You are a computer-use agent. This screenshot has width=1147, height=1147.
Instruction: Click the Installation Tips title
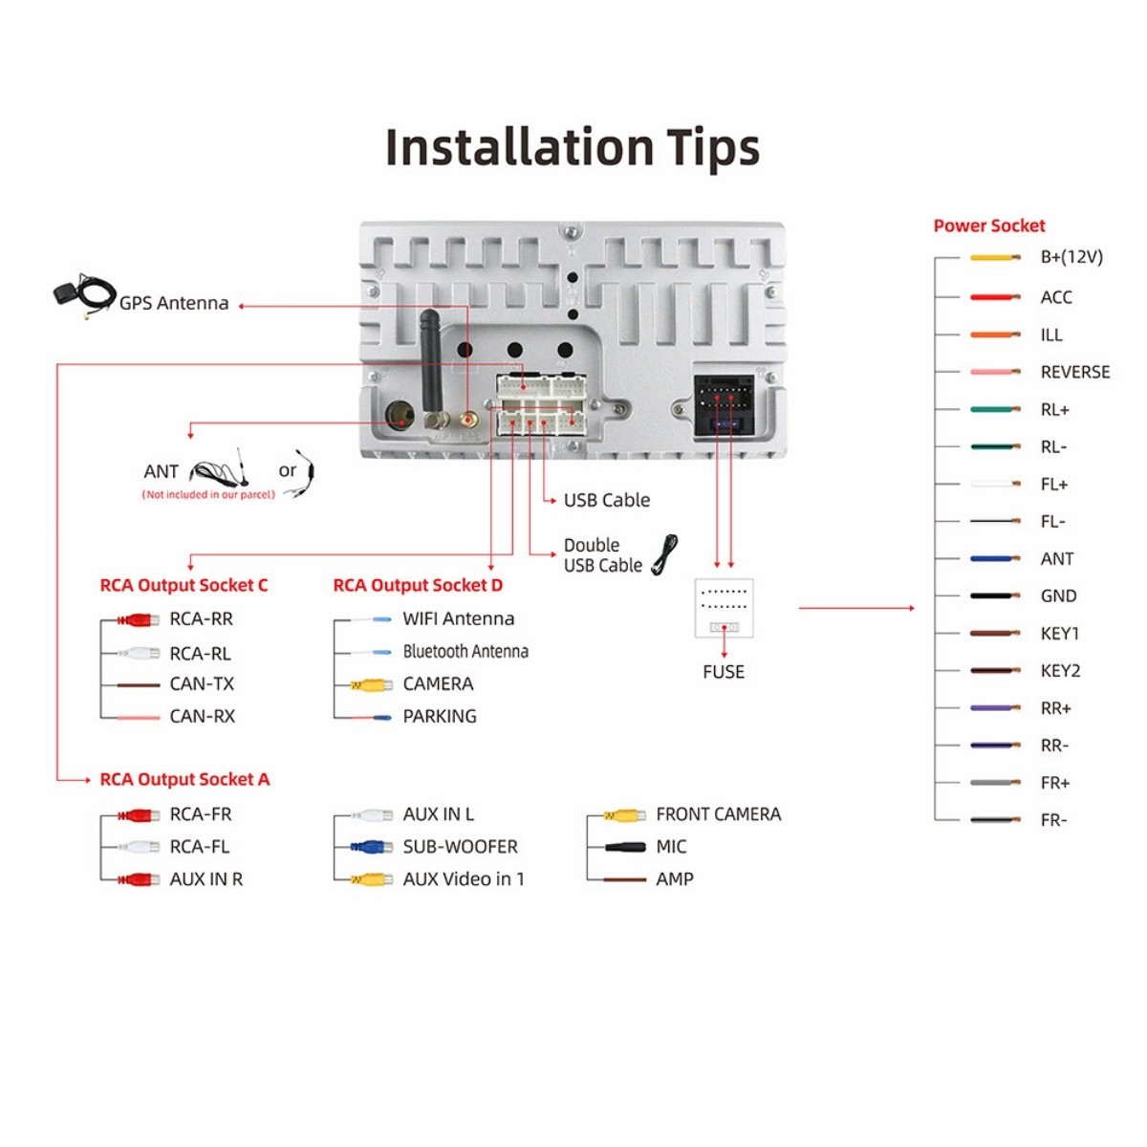[572, 147]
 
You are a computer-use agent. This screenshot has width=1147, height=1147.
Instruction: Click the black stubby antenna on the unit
[431, 368]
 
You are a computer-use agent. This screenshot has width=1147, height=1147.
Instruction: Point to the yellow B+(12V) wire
[995, 258]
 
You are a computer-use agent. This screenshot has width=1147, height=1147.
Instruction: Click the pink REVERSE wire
[995, 372]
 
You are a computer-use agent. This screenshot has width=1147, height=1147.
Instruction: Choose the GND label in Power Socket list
[1058, 595]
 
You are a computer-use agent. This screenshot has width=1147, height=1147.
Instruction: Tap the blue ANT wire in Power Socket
[995, 559]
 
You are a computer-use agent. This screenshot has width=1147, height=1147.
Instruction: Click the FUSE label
[724, 672]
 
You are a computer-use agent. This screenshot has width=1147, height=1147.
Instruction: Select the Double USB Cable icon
[665, 554]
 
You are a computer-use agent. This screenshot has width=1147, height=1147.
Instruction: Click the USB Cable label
[607, 500]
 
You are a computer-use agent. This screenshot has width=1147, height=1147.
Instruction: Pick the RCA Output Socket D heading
[418, 585]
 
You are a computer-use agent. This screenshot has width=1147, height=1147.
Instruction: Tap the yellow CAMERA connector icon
[371, 685]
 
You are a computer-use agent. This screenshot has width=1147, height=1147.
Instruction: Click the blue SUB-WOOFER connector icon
[371, 847]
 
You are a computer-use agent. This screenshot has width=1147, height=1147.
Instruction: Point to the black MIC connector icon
[625, 847]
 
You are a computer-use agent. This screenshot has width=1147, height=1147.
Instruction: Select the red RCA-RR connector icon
[138, 620]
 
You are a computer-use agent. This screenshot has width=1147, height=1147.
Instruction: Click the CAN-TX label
[202, 684]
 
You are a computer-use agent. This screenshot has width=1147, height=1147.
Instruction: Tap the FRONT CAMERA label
[719, 814]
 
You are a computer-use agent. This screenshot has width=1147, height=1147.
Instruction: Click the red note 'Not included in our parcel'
[208, 494]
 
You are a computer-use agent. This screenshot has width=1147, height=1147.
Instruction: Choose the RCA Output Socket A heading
[184, 779]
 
